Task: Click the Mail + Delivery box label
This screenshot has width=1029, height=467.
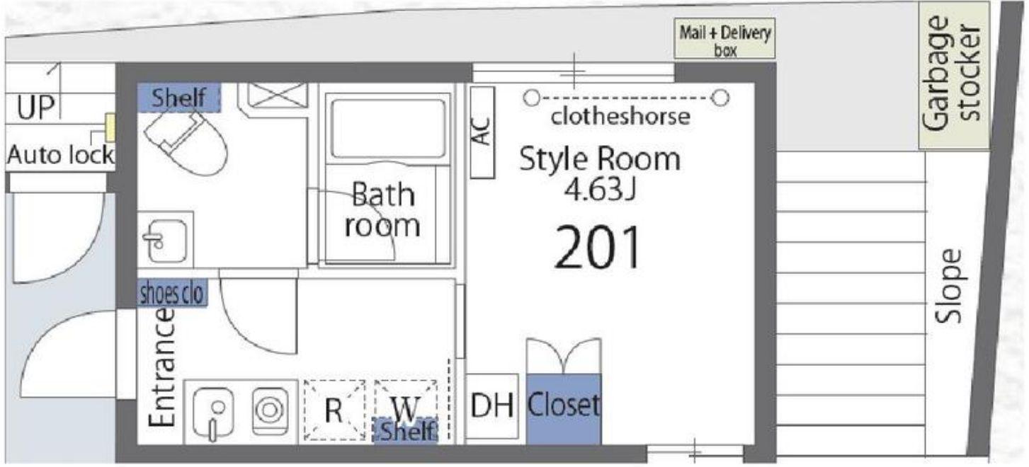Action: (724, 39)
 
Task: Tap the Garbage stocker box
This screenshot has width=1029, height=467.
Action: (954, 75)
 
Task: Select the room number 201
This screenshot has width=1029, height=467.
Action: (598, 247)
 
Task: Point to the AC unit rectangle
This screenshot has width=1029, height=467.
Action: (482, 132)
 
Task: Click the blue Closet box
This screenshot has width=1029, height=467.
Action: (564, 409)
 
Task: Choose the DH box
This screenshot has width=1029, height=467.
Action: (492, 406)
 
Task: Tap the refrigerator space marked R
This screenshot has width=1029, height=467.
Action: (334, 410)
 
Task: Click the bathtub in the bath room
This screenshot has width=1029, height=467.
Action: (388, 128)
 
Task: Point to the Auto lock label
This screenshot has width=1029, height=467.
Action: (60, 155)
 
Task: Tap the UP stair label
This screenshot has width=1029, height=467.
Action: (36, 107)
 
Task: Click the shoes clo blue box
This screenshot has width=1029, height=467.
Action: (172, 292)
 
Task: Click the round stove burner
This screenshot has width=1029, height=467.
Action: (270, 410)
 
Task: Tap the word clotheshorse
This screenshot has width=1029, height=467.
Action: (620, 117)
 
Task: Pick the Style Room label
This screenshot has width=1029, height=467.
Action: (600, 159)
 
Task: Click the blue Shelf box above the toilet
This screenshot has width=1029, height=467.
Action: (179, 98)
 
